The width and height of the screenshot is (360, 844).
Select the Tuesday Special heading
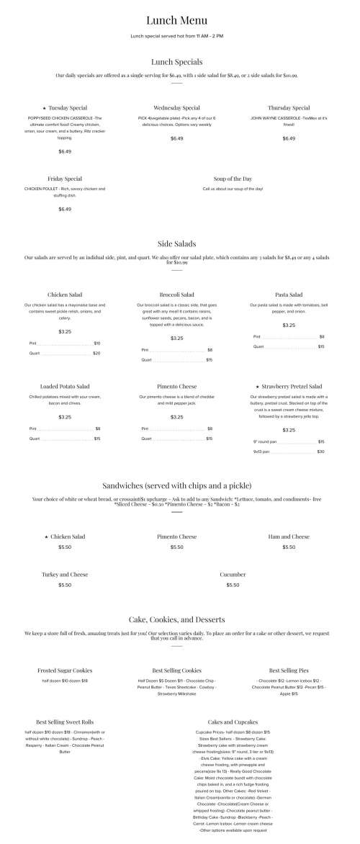(x=68, y=108)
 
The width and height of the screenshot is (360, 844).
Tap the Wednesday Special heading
(x=176, y=108)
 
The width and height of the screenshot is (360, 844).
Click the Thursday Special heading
(x=289, y=108)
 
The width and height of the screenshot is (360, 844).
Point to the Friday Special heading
(x=65, y=179)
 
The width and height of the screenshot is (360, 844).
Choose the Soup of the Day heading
(x=233, y=179)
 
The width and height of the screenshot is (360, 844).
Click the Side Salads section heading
(x=176, y=243)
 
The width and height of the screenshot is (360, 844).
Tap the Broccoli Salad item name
(x=176, y=295)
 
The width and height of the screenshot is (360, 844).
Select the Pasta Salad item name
(x=289, y=295)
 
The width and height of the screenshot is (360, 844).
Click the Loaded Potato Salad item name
(x=65, y=386)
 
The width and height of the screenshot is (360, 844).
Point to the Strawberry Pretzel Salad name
(x=292, y=386)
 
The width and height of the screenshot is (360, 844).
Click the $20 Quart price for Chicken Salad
(x=96, y=354)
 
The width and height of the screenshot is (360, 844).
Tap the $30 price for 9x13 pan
(x=320, y=452)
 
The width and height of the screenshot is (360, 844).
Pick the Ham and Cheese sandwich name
(x=289, y=537)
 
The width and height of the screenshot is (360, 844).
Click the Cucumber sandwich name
(x=233, y=575)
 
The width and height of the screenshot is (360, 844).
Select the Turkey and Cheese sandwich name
(x=65, y=575)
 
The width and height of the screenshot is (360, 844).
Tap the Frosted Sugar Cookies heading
(x=65, y=670)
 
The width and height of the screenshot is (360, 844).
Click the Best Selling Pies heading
(x=289, y=670)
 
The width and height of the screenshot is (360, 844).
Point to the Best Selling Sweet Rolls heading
(x=65, y=722)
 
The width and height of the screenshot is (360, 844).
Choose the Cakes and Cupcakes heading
(x=233, y=722)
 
